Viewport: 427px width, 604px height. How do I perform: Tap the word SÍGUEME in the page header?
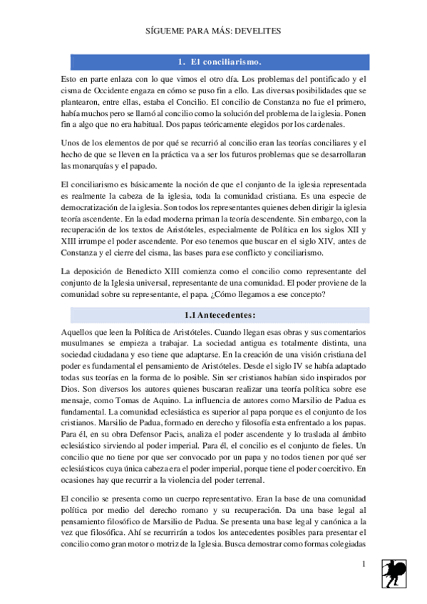pos(165,32)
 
